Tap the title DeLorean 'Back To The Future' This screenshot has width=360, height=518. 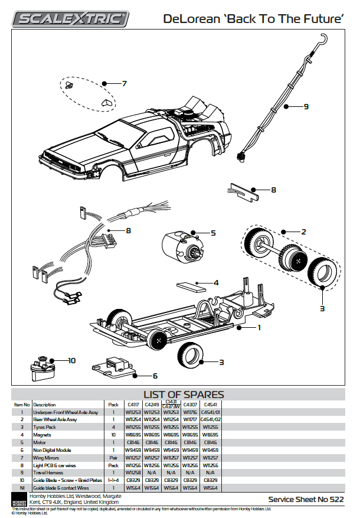(254, 19)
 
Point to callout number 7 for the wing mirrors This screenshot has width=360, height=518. (124, 84)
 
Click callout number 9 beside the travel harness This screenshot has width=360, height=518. (306, 107)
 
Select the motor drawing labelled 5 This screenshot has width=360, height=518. (180, 245)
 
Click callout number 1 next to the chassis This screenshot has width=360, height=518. (258, 327)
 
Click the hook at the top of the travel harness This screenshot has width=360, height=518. (322, 40)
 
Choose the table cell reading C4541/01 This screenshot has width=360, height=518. (211, 412)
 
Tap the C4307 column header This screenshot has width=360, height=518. (190, 405)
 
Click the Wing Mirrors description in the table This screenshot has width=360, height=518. (48, 458)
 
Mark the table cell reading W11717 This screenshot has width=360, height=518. (190, 419)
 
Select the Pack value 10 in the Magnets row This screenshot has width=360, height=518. (113, 435)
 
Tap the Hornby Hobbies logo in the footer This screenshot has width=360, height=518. (19, 499)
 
